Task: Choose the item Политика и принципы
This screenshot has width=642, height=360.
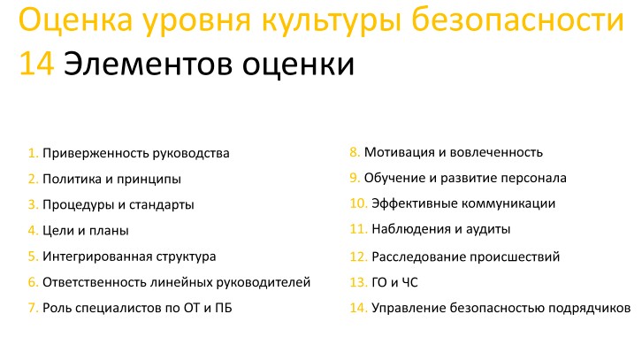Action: tap(111, 180)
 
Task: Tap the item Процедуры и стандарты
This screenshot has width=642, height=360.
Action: tap(118, 205)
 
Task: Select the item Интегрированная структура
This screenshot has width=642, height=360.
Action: tap(129, 257)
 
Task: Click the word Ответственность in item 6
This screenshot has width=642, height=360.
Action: tap(93, 282)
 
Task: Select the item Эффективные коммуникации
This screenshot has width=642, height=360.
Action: tap(463, 203)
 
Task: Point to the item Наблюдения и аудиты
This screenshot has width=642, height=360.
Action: tap(441, 229)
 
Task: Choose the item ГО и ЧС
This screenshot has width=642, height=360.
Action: tap(397, 283)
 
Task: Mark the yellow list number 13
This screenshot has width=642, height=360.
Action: tap(358, 283)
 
